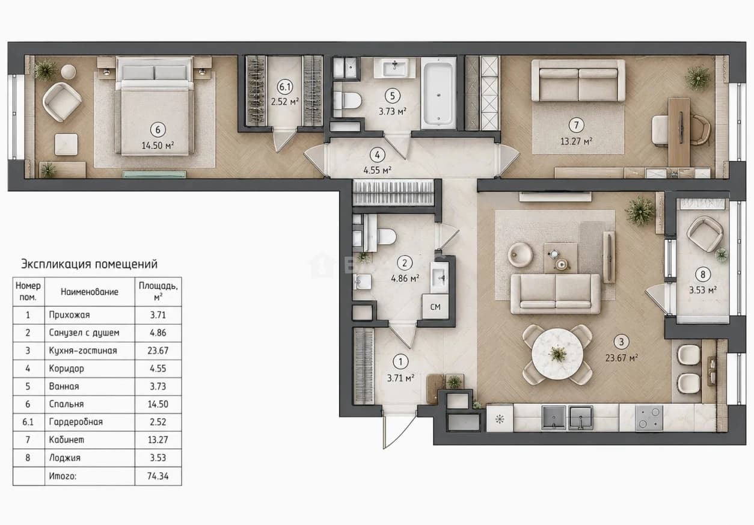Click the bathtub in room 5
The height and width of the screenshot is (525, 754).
point(438,93)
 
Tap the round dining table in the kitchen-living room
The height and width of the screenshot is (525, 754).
point(557,354)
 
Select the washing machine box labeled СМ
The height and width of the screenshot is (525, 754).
point(435,307)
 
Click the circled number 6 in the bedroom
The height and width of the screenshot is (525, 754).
point(158,130)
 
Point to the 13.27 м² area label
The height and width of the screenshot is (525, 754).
point(576,141)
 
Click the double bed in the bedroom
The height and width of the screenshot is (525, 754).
point(155,106)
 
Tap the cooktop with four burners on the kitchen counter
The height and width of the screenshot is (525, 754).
point(649,417)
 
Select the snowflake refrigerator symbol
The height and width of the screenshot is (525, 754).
point(500,419)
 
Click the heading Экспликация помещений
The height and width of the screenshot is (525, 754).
point(89,264)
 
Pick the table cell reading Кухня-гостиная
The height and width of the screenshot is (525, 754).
point(83,351)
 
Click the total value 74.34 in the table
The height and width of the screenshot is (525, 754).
point(158,476)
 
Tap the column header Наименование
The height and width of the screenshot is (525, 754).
point(90,292)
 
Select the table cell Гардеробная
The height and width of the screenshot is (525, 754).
point(76,422)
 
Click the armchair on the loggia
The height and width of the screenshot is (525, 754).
point(705,235)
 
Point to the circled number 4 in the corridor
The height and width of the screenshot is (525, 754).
point(377,155)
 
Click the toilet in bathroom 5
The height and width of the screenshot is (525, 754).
point(348,100)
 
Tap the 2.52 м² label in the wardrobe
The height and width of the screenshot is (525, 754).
point(285,102)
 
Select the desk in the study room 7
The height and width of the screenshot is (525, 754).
point(679,131)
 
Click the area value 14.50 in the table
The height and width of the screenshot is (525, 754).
point(158,404)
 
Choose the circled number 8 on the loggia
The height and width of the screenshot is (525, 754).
point(703,274)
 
